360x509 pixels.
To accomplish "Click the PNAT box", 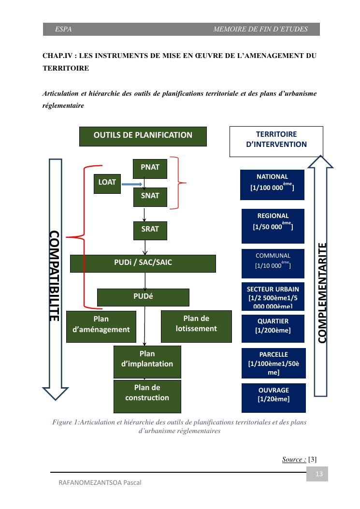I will click(150, 168).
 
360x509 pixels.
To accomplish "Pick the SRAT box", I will click(150, 230).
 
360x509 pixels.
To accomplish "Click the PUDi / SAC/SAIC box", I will click(143, 263).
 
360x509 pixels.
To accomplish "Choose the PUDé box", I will click(143, 297).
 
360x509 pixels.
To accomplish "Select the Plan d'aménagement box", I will click(101, 326).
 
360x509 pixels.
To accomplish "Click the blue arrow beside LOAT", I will click(132, 184).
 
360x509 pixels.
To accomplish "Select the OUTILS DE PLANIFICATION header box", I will click(143, 136).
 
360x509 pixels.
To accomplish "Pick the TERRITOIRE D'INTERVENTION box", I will click(275, 141).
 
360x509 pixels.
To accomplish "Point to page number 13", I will click(318, 474).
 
